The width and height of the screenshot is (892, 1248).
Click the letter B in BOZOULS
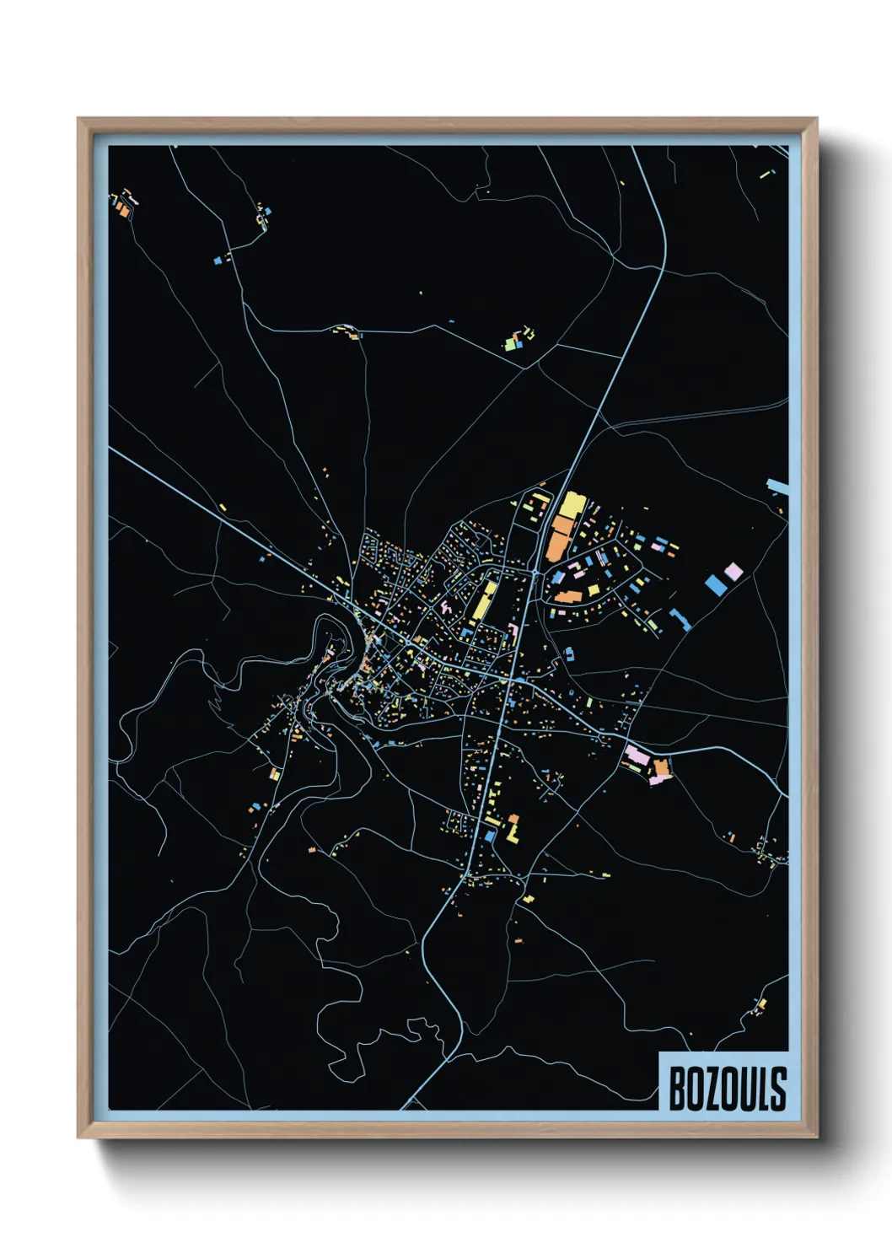click(677, 1089)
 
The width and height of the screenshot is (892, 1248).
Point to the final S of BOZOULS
click(778, 1089)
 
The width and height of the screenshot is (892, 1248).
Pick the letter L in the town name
click(761, 1089)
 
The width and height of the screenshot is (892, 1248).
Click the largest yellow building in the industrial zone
click(572, 506)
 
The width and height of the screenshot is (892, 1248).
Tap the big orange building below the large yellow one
click(558, 538)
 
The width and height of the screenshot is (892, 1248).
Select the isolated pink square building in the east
click(733, 572)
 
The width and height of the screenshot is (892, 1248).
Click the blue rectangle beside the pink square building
click(715, 584)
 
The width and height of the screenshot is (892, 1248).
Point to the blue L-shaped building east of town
click(680, 621)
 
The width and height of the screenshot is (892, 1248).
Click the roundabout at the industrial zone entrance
click(536, 572)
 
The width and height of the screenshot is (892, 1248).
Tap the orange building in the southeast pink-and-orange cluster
click(661, 767)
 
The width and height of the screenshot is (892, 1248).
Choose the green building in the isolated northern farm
click(511, 344)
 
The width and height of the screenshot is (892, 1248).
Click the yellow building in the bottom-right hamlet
click(761, 1003)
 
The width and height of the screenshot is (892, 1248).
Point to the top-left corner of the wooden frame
click(79, 120)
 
